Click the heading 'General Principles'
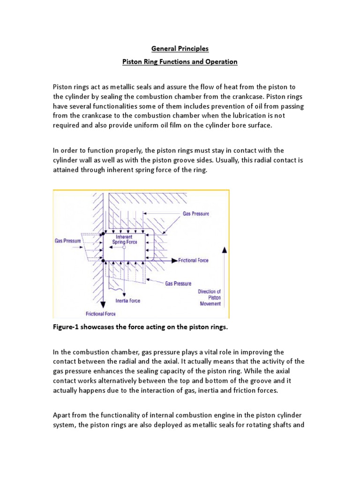tap(180, 49)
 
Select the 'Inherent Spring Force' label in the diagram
tap(124, 240)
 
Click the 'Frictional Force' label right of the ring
tap(194, 260)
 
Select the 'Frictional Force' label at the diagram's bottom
tap(100, 314)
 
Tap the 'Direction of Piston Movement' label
tap(209, 297)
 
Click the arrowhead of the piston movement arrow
tap(225, 251)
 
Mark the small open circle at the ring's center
tap(124, 247)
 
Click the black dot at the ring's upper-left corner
tap(103, 233)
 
